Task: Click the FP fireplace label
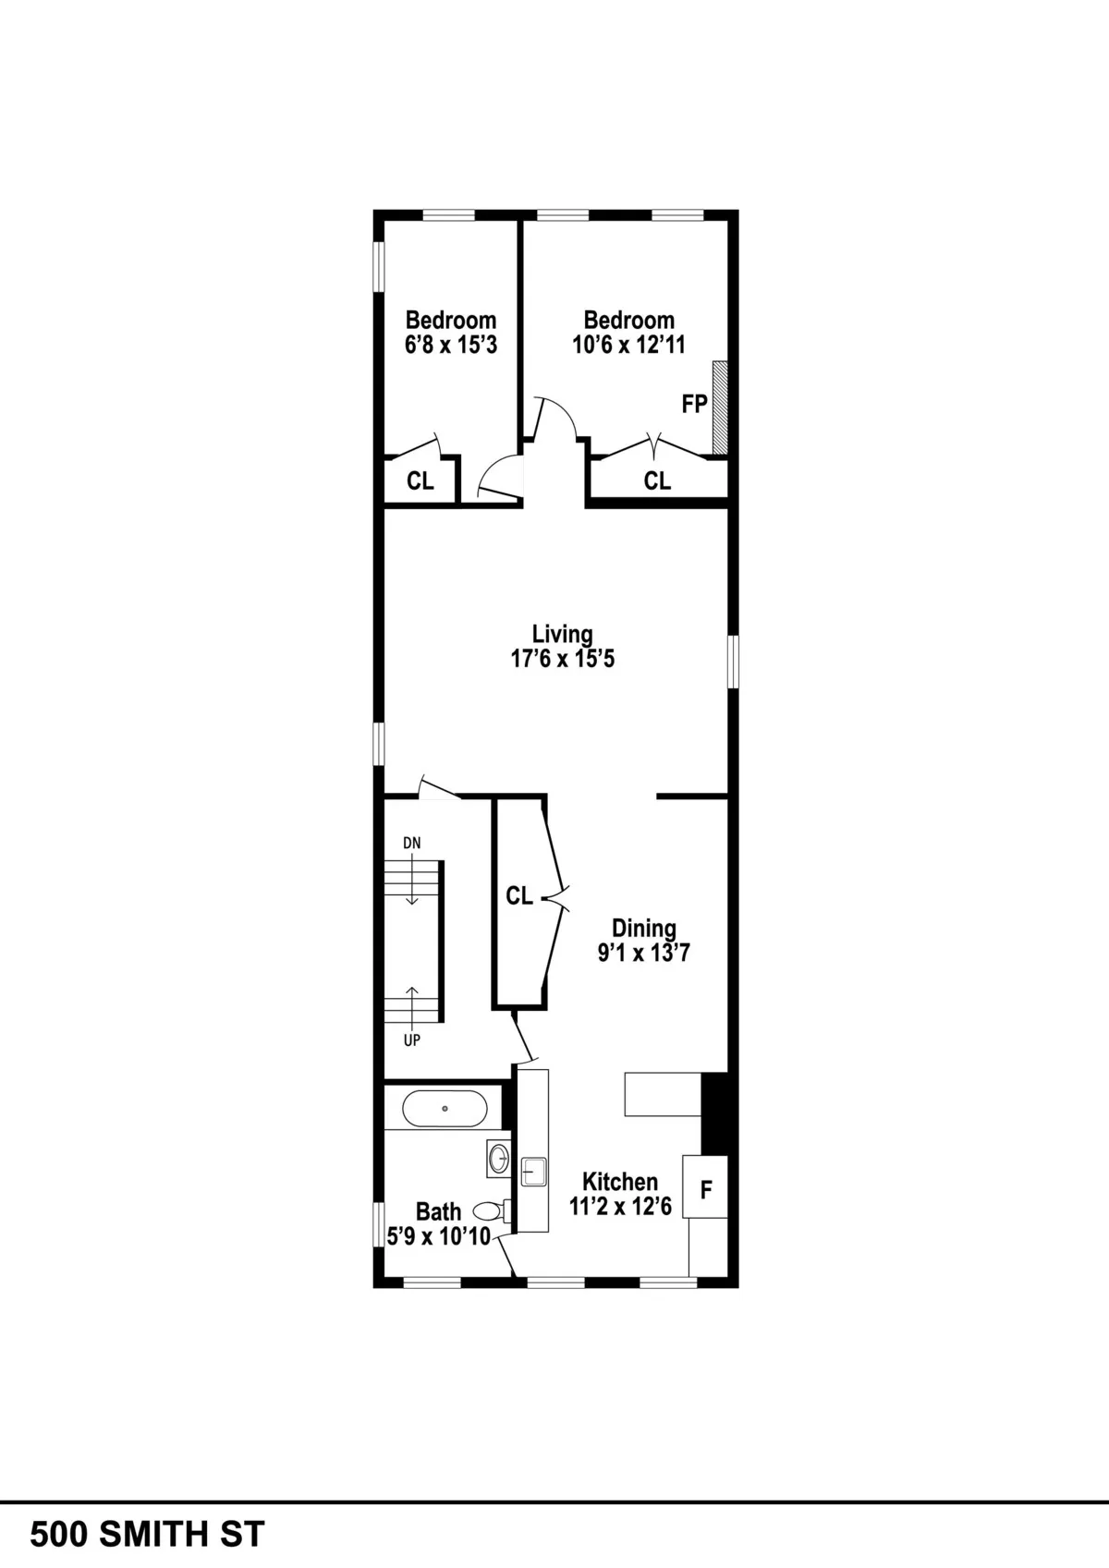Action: pos(694,404)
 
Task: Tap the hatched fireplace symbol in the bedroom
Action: pos(720,407)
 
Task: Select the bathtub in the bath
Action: pos(445,1108)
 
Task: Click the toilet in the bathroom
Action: pos(488,1209)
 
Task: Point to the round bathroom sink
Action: pos(499,1159)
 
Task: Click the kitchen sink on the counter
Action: pos(533,1172)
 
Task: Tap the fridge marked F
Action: pos(706,1188)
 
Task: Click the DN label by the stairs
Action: pos(411,843)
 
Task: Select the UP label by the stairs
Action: pos(412,1040)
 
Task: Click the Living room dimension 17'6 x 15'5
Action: pos(562,659)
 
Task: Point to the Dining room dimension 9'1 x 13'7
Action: pos(643,953)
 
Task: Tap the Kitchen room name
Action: pos(619,1182)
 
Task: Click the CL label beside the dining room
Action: pos(518,896)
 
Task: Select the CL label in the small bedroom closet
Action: pos(420,481)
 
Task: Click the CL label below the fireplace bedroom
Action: pos(657,480)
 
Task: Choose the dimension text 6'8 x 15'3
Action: pos(451,345)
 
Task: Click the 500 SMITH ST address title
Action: pos(148,1534)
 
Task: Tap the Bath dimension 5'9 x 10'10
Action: pos(438,1236)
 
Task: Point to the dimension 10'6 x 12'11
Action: pos(628,345)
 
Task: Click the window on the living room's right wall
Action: pos(733,661)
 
